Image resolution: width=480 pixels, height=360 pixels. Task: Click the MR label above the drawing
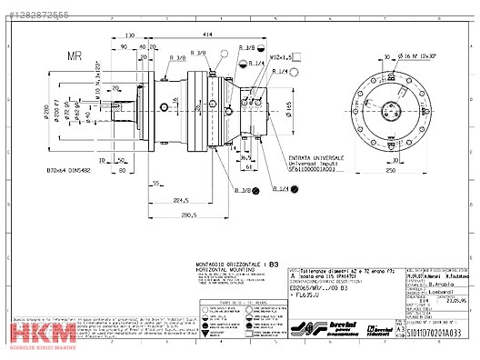tap(75, 55)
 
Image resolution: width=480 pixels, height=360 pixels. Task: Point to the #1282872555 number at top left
tap(35, 15)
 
